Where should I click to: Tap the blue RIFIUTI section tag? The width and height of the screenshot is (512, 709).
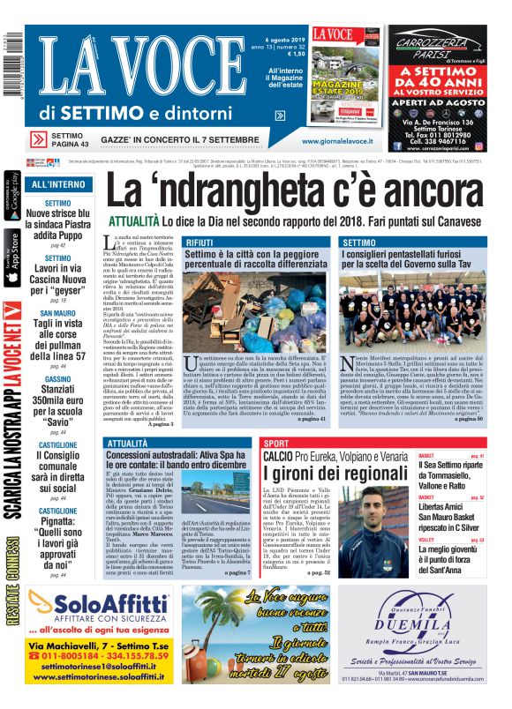(x=200, y=242)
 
